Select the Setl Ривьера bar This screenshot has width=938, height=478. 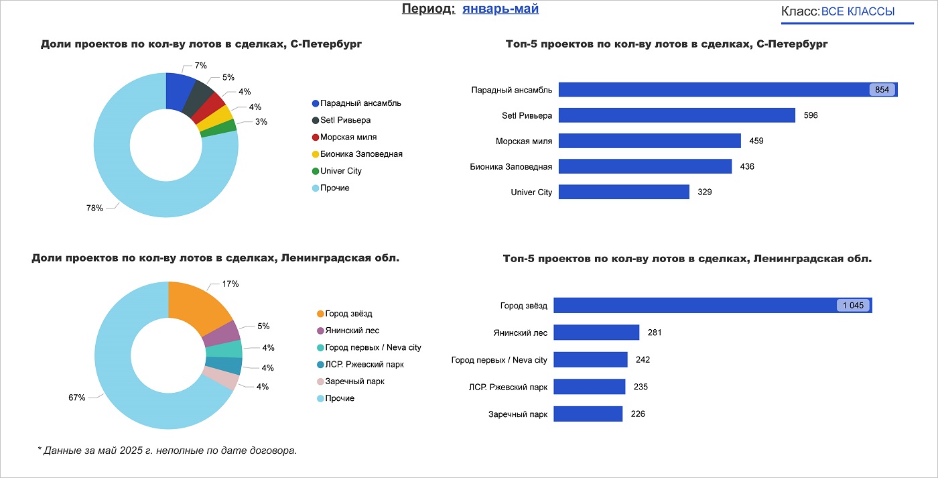(677, 115)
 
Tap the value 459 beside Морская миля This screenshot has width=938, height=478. (756, 141)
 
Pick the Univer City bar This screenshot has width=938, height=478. (624, 192)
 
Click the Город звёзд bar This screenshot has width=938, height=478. (690, 306)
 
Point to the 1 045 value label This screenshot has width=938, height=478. (854, 306)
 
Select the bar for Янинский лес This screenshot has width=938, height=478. (596, 333)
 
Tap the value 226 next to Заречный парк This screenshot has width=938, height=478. (638, 414)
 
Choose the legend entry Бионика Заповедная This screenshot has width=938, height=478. (361, 154)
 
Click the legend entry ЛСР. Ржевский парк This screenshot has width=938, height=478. (364, 365)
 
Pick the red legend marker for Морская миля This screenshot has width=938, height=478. (316, 137)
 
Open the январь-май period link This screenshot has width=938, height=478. (500, 9)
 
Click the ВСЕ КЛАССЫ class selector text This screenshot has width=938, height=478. (858, 11)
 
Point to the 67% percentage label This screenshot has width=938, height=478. (77, 398)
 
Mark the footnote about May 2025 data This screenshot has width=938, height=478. (167, 451)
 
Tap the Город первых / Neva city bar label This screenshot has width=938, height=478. (499, 360)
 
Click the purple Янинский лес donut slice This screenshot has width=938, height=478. (228, 333)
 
